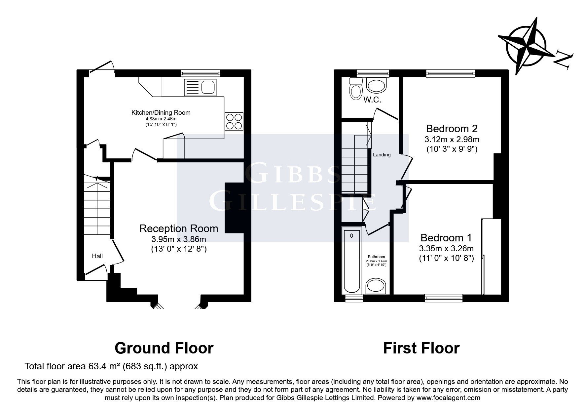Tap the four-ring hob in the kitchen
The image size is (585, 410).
tap(234, 121)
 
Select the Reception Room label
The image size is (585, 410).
tap(179, 228)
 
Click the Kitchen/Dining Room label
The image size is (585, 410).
tap(161, 112)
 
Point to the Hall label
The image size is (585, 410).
tap(97, 256)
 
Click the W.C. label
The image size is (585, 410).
tap(372, 100)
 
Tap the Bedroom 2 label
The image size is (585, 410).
tap(452, 128)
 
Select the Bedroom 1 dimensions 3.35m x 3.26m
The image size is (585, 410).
tap(446, 248)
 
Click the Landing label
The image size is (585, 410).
tap(382, 154)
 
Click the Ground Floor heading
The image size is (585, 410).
tap(164, 348)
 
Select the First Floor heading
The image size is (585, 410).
tap(421, 348)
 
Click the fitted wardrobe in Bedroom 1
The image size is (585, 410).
tap(491, 256)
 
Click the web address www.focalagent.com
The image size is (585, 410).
tap(448, 398)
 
